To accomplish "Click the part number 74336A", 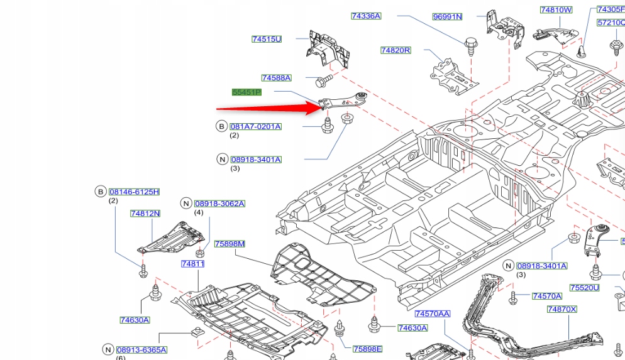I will [x=366, y=16].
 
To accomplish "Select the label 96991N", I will [x=447, y=17].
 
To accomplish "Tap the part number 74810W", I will [x=556, y=10].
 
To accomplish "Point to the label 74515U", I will [x=267, y=39].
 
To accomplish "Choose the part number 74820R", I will [x=395, y=50].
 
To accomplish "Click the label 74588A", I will [x=277, y=78].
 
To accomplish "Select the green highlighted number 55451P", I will [x=246, y=92].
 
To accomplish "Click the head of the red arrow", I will [x=320, y=107].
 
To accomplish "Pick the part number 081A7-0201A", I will [x=255, y=126].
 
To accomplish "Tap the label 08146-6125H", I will [x=134, y=192].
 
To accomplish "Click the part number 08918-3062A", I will [x=219, y=204].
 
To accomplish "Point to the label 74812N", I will [x=145, y=214].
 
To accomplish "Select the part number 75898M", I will [x=230, y=244].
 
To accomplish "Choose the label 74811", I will [x=193, y=264].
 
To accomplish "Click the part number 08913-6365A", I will [x=141, y=350].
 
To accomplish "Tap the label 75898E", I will [x=367, y=349].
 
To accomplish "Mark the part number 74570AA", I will [x=433, y=314].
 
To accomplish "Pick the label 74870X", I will [x=561, y=309].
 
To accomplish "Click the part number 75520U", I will [x=584, y=288].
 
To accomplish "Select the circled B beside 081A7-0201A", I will [x=221, y=126].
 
